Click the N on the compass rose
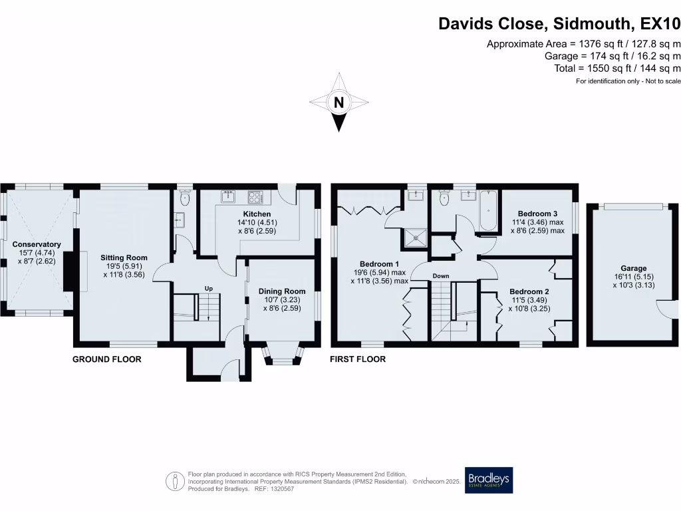[339, 102]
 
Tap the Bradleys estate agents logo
[489, 480]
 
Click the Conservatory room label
[37, 244]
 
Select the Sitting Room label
[124, 257]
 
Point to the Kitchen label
[257, 214]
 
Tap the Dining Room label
[282, 291]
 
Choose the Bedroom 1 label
[379, 263]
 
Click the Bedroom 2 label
[529, 291]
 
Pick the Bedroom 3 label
[537, 214]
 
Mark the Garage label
[634, 268]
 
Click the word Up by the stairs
[208, 289]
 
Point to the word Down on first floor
[440, 276]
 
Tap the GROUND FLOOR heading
[107, 359]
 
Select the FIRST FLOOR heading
[357, 359]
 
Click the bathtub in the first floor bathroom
[488, 211]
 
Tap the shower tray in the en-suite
[416, 238]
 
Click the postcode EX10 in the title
[660, 23]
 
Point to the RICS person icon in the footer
[175, 482]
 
